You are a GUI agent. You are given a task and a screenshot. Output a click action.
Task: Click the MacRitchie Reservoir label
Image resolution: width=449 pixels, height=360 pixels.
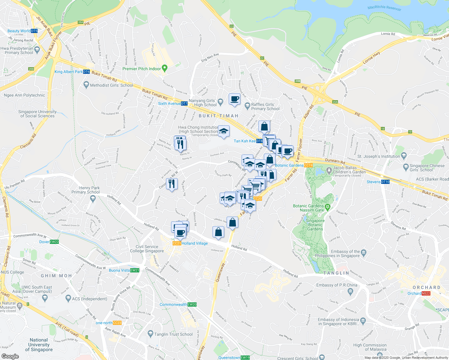pyautogui.click(x=384, y=8)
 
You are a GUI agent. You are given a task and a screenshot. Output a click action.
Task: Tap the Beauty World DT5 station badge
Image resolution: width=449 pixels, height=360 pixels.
pyautogui.click(x=34, y=31)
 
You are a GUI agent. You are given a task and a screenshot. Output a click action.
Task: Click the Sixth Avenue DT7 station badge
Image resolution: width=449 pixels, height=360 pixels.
pyautogui.click(x=184, y=103)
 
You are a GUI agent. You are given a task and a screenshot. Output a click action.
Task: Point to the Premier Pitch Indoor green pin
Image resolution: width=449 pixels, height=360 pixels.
pyautogui.click(x=164, y=68)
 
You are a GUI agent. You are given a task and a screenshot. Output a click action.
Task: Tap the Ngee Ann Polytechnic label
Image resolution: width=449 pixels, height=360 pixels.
pyautogui.click(x=24, y=95)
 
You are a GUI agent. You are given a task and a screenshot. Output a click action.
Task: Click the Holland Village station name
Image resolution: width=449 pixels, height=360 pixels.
pyautogui.click(x=194, y=243)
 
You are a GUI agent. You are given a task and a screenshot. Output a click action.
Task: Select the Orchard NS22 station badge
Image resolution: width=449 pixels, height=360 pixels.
pyautogui.click(x=426, y=293)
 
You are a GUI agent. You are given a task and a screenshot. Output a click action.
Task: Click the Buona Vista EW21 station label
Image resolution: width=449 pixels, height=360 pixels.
pyautogui.click(x=120, y=270)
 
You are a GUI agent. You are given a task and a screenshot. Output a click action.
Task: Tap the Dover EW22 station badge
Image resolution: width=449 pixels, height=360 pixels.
pyautogui.click(x=54, y=242)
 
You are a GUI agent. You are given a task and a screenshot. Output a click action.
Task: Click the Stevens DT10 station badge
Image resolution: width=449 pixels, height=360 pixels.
pyautogui.click(x=385, y=182)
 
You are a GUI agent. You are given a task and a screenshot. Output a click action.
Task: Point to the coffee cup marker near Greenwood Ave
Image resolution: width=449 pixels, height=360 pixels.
pyautogui.click(x=234, y=99)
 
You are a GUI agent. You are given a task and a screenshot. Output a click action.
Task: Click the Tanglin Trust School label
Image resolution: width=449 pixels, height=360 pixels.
pyautogui.click(x=173, y=334)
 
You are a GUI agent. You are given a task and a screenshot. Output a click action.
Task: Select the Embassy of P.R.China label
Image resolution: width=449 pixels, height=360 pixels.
pyautogui.click(x=337, y=285)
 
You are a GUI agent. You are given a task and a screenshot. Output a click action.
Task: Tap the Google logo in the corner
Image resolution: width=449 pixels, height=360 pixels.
pyautogui.click(x=10, y=356)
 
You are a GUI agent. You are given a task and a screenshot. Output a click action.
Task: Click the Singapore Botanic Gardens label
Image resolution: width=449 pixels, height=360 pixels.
pyautogui.click(x=315, y=225)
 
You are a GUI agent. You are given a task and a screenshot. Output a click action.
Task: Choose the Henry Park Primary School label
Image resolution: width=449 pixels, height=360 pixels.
pyautogui.click(x=86, y=190)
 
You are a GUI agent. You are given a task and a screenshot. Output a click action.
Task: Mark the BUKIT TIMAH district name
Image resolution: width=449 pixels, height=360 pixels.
pyautogui.click(x=218, y=116)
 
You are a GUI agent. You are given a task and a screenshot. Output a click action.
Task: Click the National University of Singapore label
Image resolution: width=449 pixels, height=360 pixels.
pyautogui.click(x=39, y=345)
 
